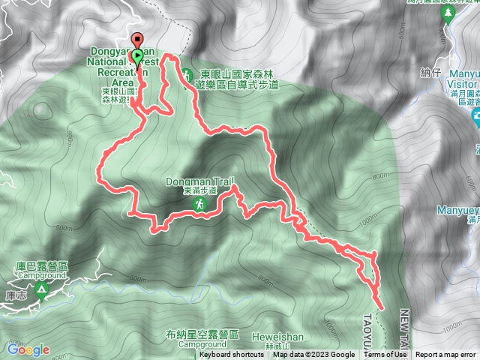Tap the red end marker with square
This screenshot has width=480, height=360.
click(136, 40)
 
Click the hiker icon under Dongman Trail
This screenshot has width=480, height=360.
click(200, 204)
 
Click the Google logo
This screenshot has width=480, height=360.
click(28, 349)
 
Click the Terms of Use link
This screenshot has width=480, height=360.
click(386, 355)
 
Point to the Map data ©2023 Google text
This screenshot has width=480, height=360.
click(313, 355)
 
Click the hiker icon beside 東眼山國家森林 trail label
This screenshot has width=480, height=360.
click(186, 73)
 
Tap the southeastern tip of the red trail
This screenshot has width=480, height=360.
click(382, 307)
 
